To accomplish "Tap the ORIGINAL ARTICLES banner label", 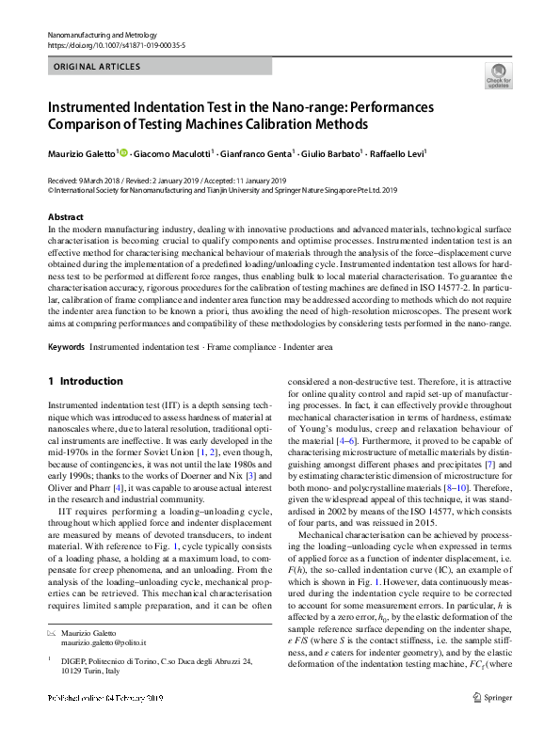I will pyautogui.click(x=97, y=67).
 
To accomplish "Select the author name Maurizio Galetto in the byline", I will pyautogui.click(x=82, y=152).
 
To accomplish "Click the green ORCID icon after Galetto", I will pyautogui.click(x=122, y=152).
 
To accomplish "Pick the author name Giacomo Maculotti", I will pyautogui.click(x=173, y=152).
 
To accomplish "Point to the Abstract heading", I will pyautogui.click(x=65, y=217).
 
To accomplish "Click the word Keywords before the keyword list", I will pyautogui.click(x=66, y=348).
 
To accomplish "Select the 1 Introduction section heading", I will pyautogui.click(x=86, y=381).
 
